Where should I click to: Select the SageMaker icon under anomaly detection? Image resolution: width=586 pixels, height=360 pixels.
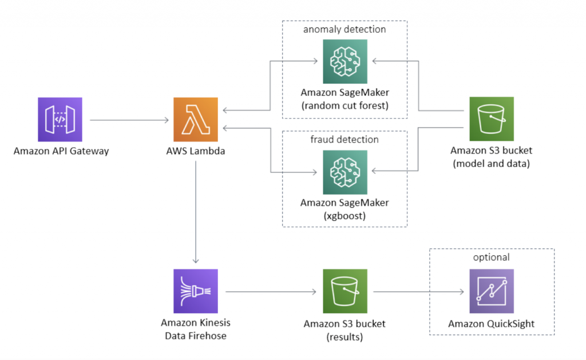pyautogui.click(x=345, y=61)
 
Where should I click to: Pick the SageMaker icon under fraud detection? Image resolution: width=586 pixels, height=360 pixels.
pyautogui.click(x=345, y=172)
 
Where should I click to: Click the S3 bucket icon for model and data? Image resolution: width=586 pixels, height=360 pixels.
pyautogui.click(x=492, y=119)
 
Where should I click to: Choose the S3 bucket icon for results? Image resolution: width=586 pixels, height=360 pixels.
pyautogui.click(x=345, y=291)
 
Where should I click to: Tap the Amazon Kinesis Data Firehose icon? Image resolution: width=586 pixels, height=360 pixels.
pyautogui.click(x=196, y=291)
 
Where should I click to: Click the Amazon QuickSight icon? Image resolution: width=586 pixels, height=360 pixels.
pyautogui.click(x=492, y=291)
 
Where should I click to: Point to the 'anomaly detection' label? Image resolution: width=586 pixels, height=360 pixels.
pyautogui.click(x=345, y=29)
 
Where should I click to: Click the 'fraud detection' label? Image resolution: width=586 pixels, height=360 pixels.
pyautogui.click(x=345, y=139)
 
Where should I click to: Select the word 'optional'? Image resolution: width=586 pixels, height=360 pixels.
pyautogui.click(x=492, y=258)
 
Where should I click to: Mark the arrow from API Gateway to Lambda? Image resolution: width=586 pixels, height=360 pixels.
pyautogui.click(x=129, y=120)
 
